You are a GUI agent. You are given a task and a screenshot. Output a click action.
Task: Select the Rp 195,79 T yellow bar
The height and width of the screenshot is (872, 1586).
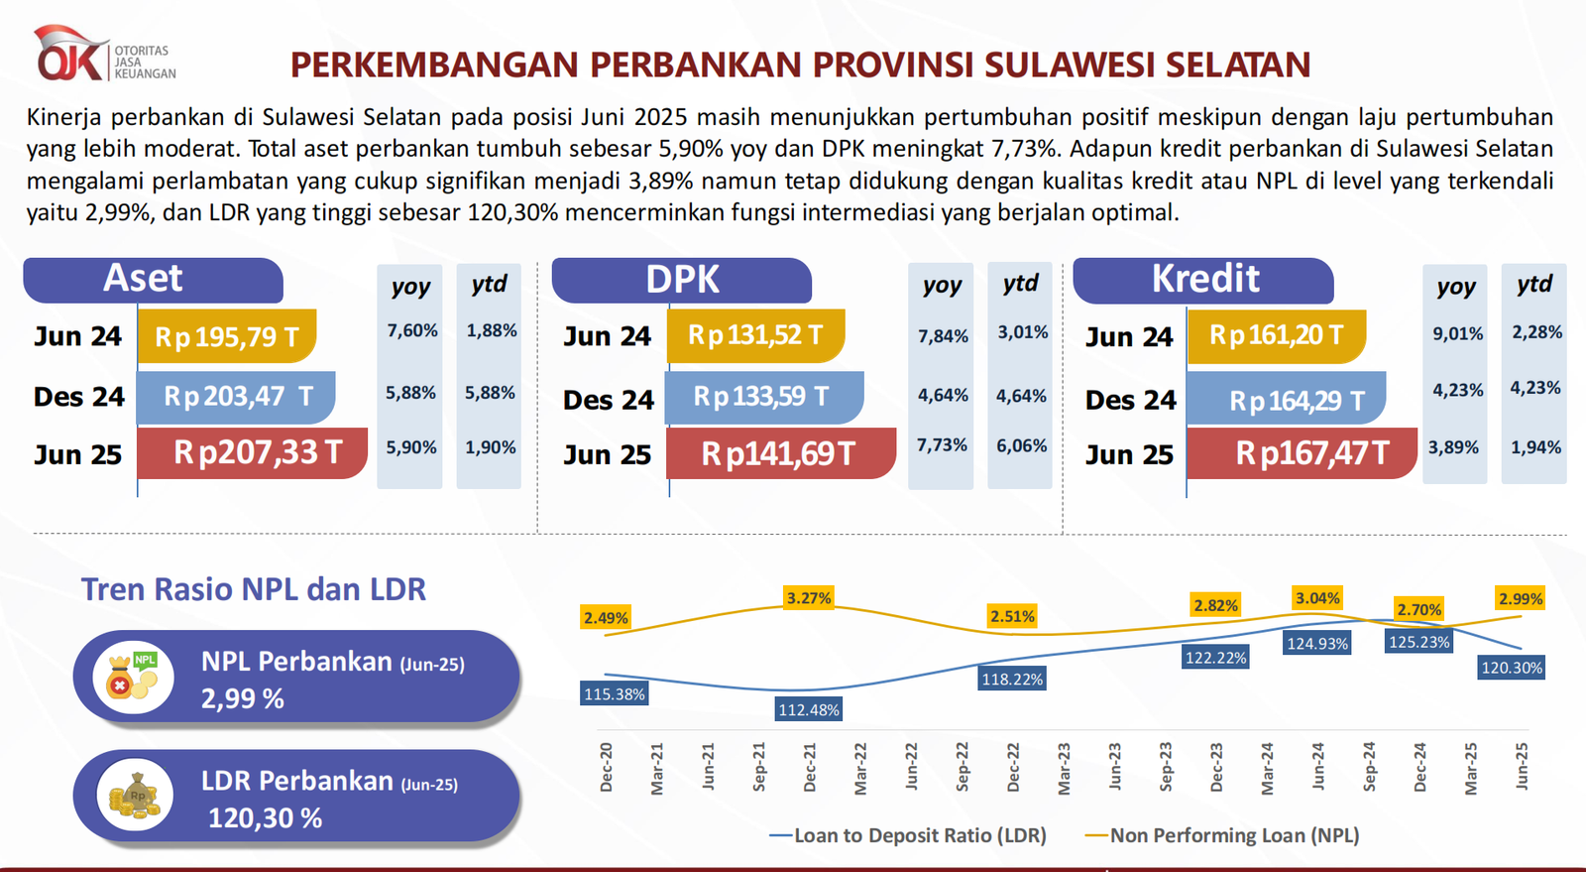(226, 336)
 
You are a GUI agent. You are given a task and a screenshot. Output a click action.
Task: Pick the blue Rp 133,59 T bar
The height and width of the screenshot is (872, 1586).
(763, 397)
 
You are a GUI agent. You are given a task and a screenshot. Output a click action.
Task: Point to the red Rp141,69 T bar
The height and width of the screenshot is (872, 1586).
(781, 453)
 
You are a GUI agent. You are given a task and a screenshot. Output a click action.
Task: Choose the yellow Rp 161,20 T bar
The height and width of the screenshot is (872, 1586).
(1276, 336)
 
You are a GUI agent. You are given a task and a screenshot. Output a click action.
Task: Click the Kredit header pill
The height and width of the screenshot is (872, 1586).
(1203, 280)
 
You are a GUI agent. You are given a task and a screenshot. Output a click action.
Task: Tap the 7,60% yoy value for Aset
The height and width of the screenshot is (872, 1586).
(411, 330)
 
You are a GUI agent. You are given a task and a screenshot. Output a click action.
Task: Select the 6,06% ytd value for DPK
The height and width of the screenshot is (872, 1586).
(1021, 445)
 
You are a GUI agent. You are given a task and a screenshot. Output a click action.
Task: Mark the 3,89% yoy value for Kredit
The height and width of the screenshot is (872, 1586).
(1453, 447)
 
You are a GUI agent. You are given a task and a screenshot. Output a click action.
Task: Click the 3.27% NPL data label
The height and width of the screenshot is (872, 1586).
(809, 598)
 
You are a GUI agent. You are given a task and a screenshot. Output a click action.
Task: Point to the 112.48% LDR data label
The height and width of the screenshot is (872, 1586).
(809, 709)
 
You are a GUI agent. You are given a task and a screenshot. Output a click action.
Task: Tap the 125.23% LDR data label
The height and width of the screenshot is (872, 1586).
(1418, 642)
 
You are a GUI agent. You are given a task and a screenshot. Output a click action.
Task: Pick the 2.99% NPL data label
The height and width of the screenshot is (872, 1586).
(1521, 598)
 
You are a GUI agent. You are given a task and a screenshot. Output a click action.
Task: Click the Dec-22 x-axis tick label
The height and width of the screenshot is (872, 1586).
(1013, 767)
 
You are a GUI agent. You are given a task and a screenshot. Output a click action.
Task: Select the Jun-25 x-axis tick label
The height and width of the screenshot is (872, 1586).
(1522, 767)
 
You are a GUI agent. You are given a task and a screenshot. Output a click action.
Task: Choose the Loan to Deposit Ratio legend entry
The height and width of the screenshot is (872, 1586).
(908, 835)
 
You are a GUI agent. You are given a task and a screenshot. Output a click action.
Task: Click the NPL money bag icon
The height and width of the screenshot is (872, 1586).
(133, 677)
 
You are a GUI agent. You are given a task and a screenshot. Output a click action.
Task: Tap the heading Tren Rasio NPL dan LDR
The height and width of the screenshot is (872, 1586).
(254, 589)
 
